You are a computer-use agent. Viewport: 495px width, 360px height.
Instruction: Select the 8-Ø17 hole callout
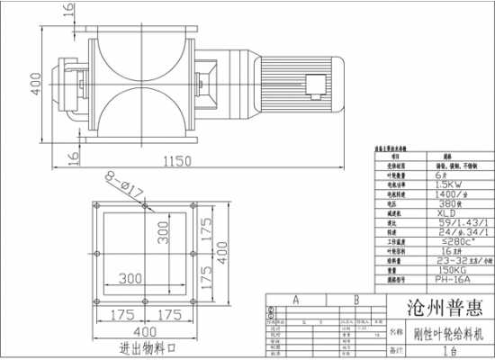(x=124, y=186)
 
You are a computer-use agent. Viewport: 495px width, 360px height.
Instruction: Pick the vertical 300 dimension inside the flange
(x=166, y=236)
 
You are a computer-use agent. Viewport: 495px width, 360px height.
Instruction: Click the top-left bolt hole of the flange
(x=96, y=208)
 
